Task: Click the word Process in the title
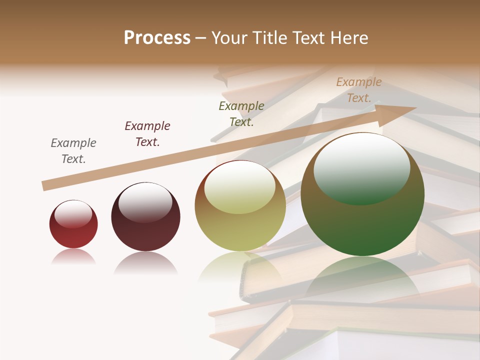[157, 38]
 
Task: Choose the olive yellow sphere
[240, 227]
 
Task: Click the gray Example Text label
[73, 151]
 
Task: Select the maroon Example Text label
[147, 134]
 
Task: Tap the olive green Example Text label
[241, 114]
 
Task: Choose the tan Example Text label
[359, 90]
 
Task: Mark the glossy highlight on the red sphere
[73, 214]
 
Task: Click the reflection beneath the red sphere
[73, 257]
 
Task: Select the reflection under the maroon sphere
[145, 262]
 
